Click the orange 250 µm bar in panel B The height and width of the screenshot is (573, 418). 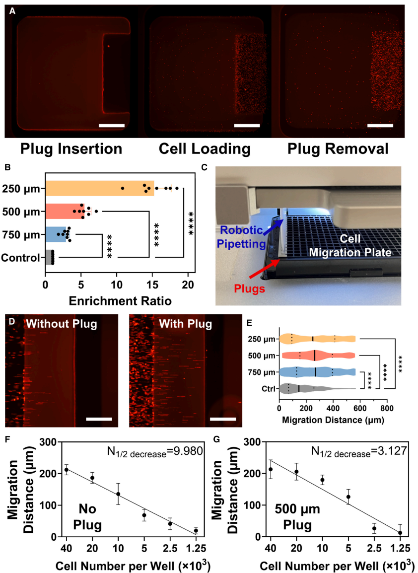pos(99,188)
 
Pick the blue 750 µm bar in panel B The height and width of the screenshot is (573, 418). pos(56,235)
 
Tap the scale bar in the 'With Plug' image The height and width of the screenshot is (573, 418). pos(222,419)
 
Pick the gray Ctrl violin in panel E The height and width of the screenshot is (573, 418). pos(308,387)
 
